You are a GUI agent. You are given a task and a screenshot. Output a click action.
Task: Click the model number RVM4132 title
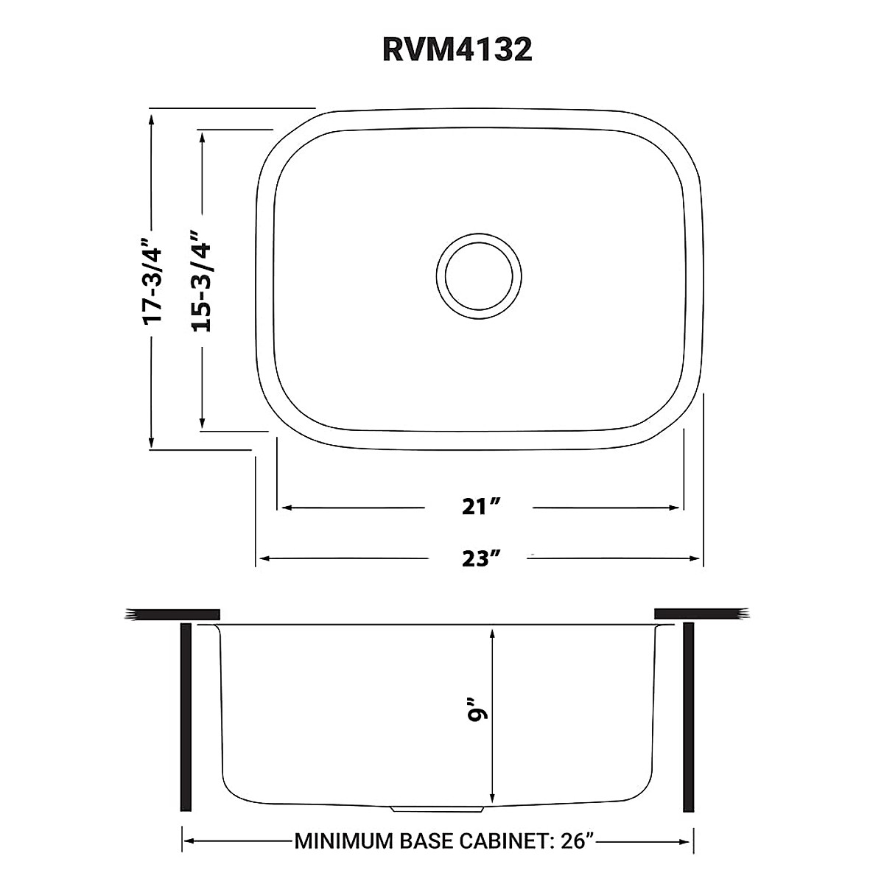[x=457, y=49]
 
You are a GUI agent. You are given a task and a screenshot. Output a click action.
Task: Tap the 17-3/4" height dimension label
[x=152, y=281]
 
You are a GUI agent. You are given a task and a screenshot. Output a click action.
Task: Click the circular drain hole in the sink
[x=479, y=276]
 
